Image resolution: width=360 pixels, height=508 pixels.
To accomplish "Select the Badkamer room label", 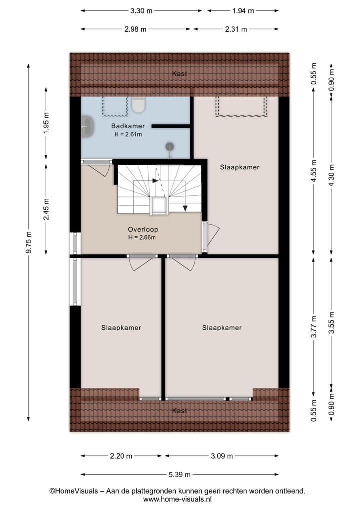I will [128, 126].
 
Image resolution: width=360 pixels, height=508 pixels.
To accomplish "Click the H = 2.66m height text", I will [142, 237].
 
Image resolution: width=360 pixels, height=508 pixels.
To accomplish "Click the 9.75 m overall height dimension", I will [29, 242].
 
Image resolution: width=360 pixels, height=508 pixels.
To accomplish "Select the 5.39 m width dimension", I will [180, 474].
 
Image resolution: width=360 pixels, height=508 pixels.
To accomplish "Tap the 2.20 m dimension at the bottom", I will [121, 456].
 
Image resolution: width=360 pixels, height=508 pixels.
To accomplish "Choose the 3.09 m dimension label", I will [222, 456].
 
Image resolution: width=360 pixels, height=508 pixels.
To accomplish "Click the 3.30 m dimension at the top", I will [141, 10].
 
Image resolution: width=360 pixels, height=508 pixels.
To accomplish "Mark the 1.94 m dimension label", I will [243, 10].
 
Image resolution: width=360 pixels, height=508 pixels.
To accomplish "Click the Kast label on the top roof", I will [180, 74].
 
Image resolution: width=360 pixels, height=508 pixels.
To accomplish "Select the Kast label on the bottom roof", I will [180, 410].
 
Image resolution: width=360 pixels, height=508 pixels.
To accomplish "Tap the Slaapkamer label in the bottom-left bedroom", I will [121, 328].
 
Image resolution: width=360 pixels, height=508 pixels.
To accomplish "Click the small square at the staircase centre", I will [159, 206].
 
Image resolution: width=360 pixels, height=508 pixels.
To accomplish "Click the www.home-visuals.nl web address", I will [177, 499].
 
